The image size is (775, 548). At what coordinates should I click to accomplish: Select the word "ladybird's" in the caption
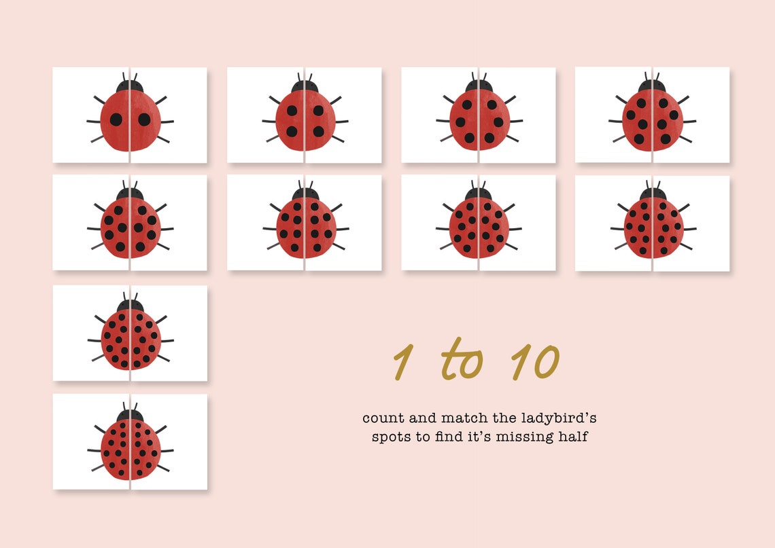pyautogui.click(x=561, y=418)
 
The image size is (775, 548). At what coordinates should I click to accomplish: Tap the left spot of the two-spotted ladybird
pyautogui.click(x=116, y=120)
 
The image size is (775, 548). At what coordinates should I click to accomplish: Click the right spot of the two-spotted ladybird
pyautogui.click(x=144, y=120)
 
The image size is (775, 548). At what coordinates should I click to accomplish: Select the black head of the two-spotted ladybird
pyautogui.click(x=130, y=87)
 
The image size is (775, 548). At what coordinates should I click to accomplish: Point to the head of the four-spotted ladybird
pyautogui.click(x=305, y=87)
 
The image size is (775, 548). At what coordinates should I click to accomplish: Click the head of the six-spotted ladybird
pyautogui.click(x=479, y=87)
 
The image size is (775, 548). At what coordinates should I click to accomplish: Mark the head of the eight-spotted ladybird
pyautogui.click(x=653, y=87)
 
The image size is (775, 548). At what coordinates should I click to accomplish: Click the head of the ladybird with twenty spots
pyautogui.click(x=130, y=415)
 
